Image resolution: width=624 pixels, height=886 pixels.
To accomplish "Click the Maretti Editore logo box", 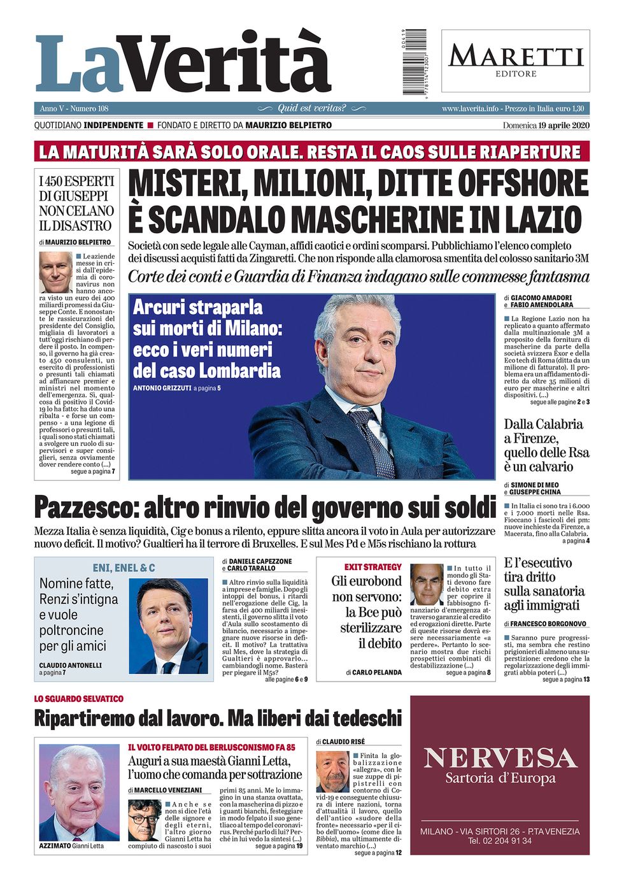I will [515, 61].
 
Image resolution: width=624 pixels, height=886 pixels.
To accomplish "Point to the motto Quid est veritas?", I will [311, 108].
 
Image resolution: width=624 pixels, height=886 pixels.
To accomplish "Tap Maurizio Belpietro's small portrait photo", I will [55, 272].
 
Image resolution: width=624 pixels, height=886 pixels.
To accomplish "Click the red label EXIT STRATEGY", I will [373, 567].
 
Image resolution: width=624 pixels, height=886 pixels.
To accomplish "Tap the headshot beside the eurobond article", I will [427, 584].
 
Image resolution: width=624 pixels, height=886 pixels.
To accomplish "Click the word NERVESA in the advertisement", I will [500, 758].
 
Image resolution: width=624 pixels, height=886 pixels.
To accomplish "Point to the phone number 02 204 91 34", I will [500, 841].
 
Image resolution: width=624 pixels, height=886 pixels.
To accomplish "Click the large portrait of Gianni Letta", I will [79, 793].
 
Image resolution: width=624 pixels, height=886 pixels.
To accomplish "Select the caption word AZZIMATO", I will [54, 846].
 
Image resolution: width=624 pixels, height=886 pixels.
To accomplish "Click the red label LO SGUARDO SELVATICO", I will [79, 699].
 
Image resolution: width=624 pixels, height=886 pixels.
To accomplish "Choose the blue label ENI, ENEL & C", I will [124, 568].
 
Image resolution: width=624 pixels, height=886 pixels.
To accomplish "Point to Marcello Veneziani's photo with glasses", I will [145, 820].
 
